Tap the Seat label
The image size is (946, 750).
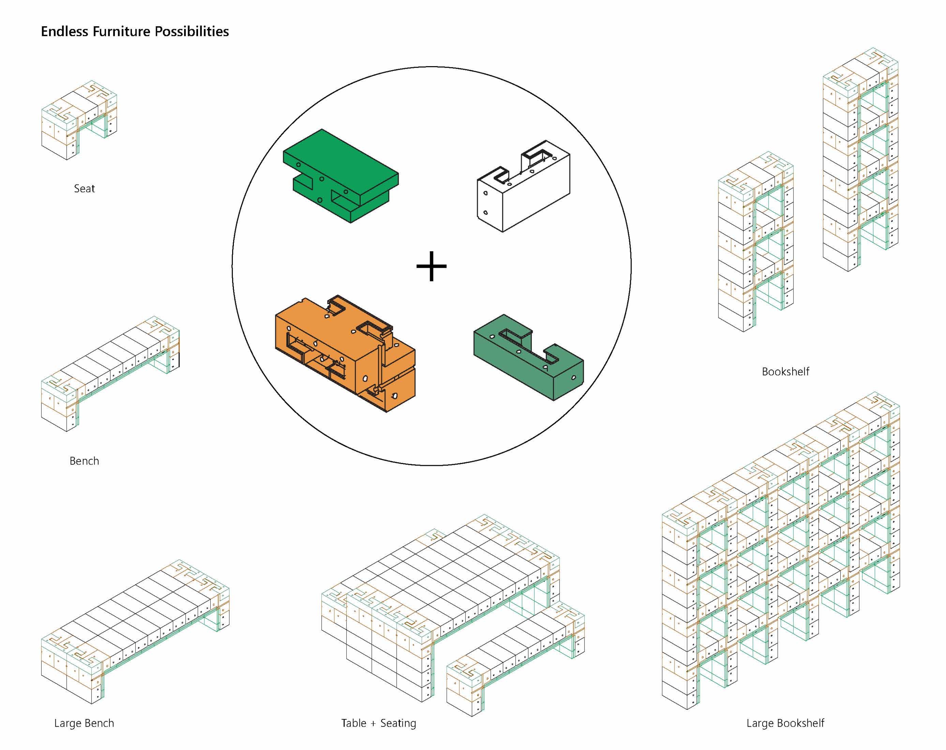pos(84,188)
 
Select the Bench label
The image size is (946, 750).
pos(84,461)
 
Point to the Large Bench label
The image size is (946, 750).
pos(84,723)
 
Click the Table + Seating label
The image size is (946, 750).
pos(378,723)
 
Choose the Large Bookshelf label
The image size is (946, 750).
pos(785,723)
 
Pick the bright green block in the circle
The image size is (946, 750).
pos(340,175)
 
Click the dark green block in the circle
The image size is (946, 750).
pos(529,358)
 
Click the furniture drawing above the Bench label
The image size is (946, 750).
pos(110,373)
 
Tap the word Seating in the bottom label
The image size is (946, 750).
pos(398,723)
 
